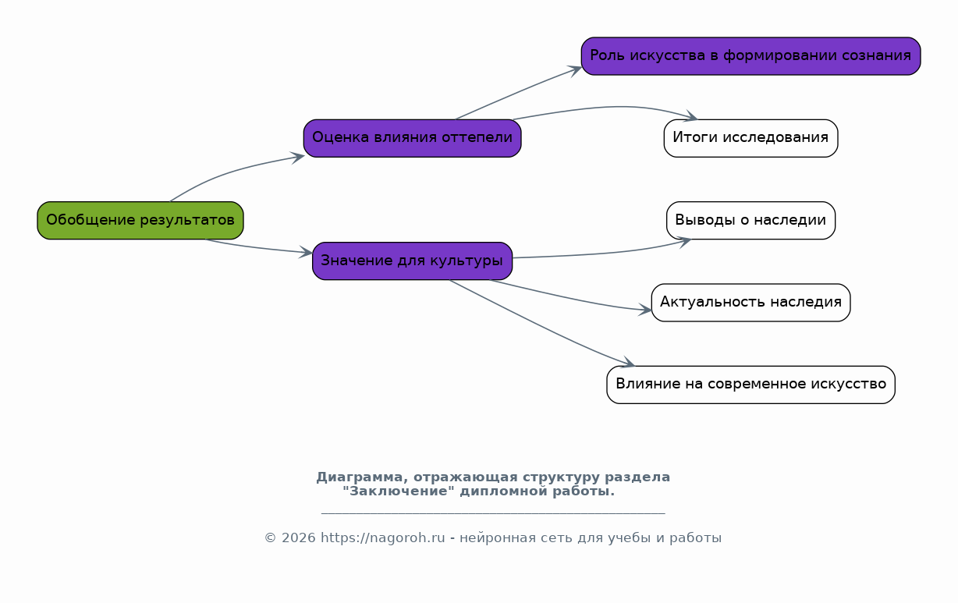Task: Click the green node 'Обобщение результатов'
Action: [x=140, y=220]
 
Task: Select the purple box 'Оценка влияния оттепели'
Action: [x=412, y=138]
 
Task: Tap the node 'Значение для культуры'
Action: [x=412, y=261]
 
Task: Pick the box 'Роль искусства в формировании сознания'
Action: [x=750, y=56]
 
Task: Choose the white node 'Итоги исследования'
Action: [x=750, y=138]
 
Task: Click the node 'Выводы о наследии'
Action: [x=750, y=220]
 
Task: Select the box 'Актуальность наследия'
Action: [x=750, y=302]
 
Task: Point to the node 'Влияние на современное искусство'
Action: [x=750, y=385]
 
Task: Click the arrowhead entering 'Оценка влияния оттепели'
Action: [x=298, y=157]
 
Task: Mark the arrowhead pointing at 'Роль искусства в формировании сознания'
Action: [x=577, y=69]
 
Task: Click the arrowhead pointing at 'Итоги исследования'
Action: [x=690, y=118]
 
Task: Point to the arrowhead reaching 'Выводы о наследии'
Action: [x=685, y=240]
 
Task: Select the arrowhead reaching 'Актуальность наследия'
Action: [x=646, y=310]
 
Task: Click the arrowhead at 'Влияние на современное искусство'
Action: [x=628, y=363]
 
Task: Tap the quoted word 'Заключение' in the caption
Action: [x=399, y=491]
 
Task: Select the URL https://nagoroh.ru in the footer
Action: [x=382, y=538]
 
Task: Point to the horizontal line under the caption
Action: [x=493, y=514]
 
